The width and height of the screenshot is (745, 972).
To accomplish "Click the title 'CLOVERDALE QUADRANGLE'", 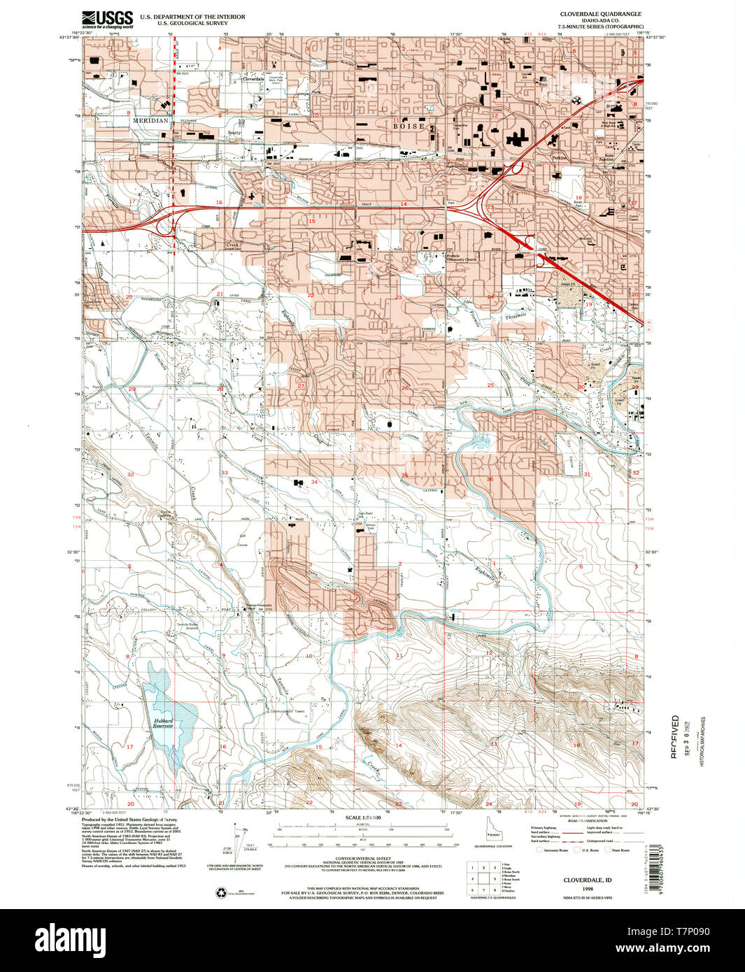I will tap(600, 13).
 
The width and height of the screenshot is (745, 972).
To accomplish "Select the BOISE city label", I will tap(409, 127).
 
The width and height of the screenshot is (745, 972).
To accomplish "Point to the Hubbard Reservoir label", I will tap(163, 724).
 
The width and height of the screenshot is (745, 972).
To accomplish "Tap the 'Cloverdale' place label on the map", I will tap(253, 79).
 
